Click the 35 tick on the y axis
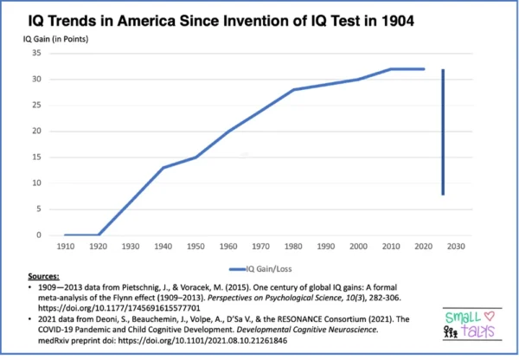[36, 53]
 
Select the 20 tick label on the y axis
[36, 131]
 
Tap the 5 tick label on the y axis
[39, 209]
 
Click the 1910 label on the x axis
[64, 247]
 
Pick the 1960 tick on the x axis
[227, 247]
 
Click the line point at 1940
[162, 168]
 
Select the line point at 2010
[392, 68]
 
